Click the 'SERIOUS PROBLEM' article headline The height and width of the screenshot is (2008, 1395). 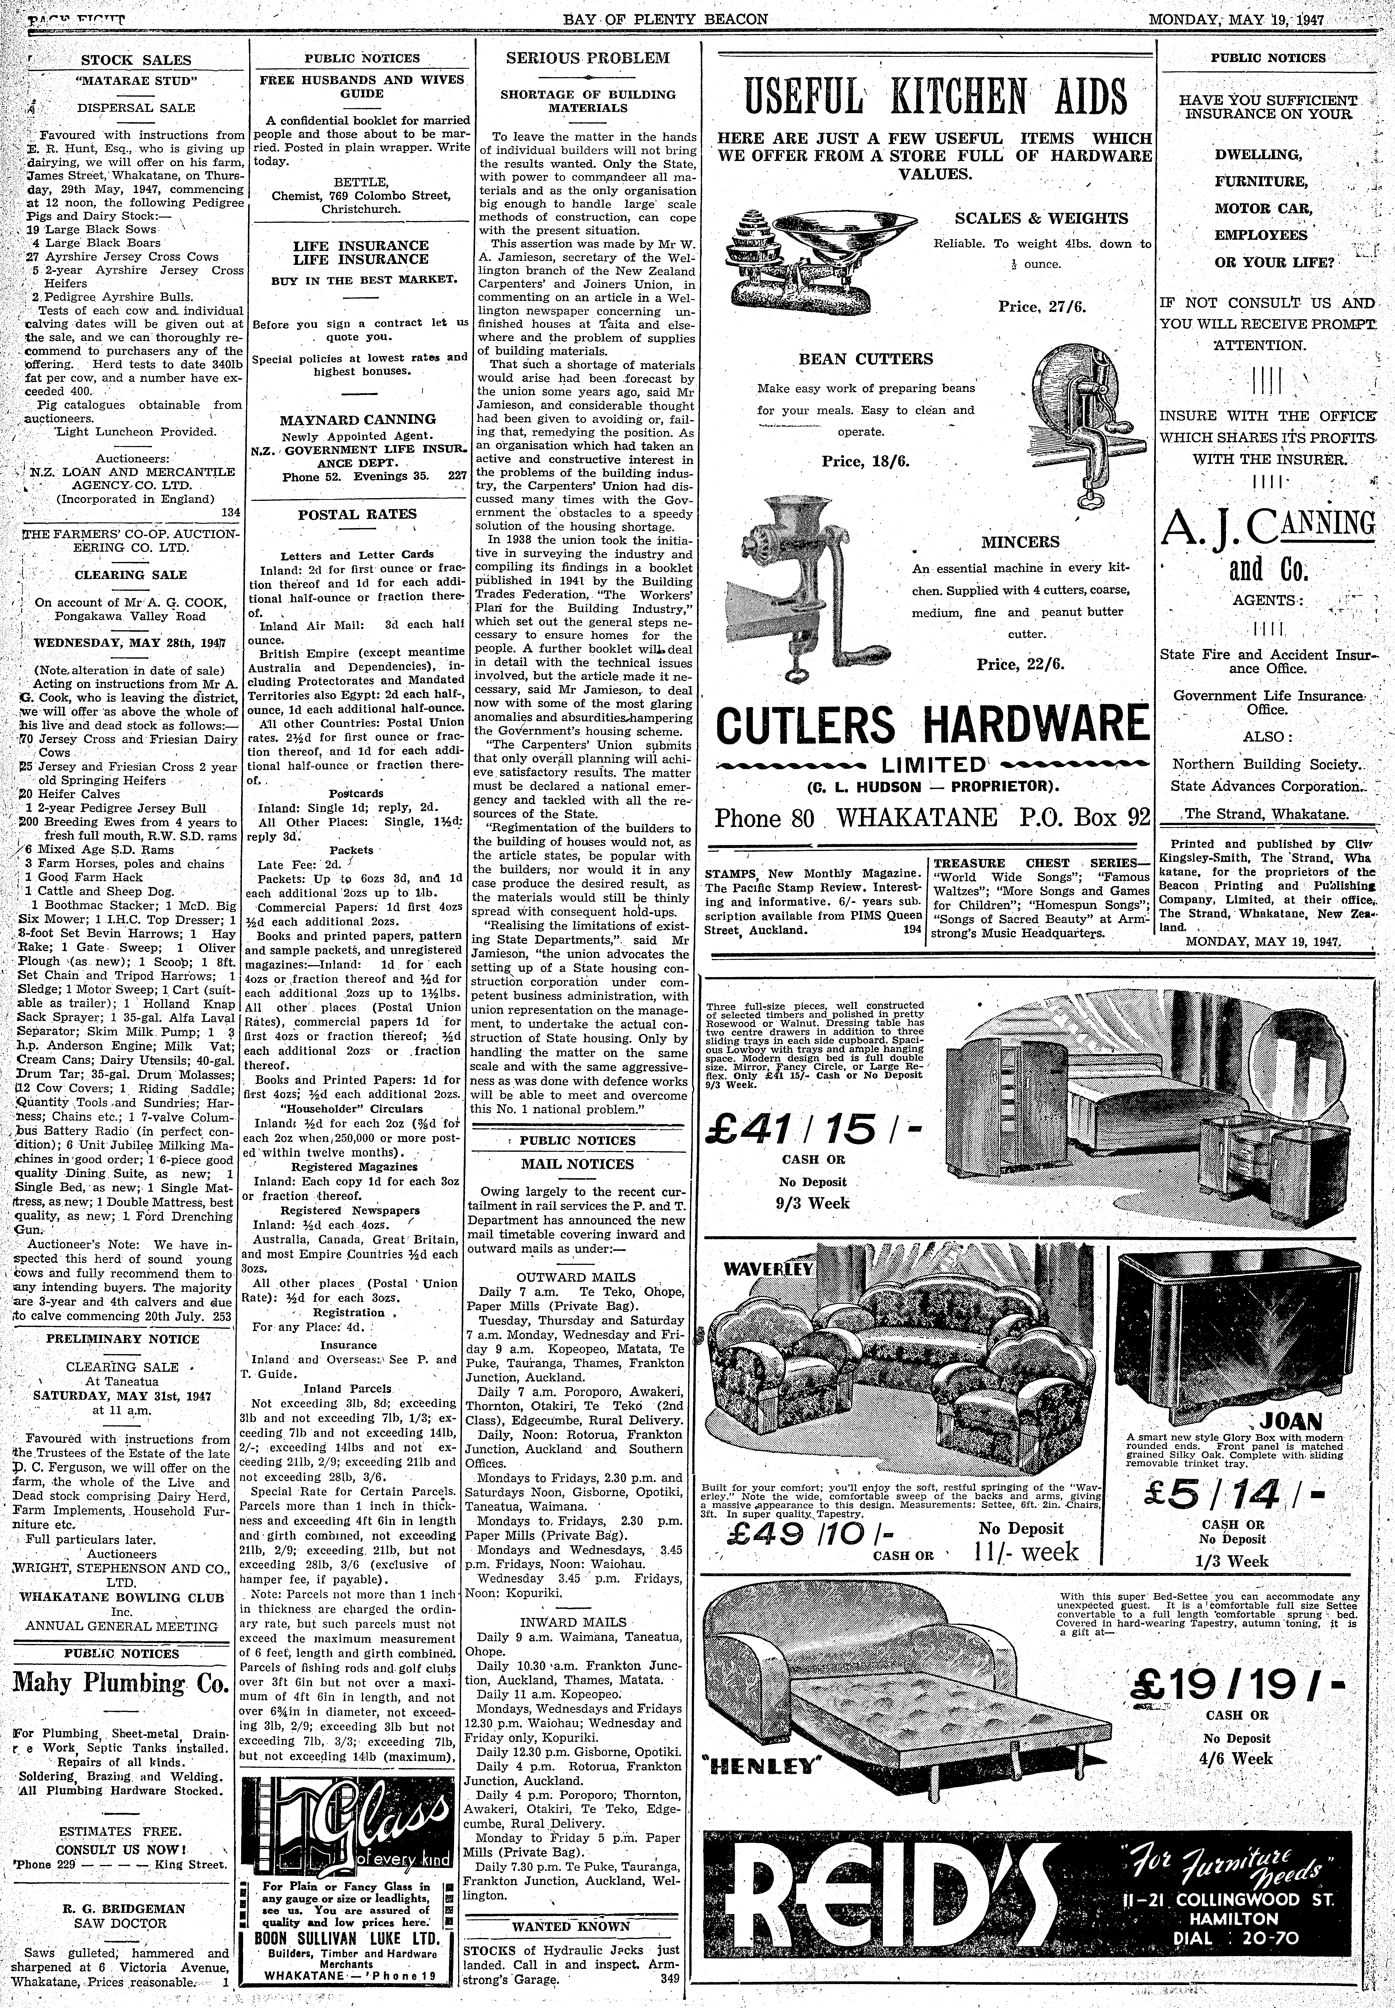click(587, 59)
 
